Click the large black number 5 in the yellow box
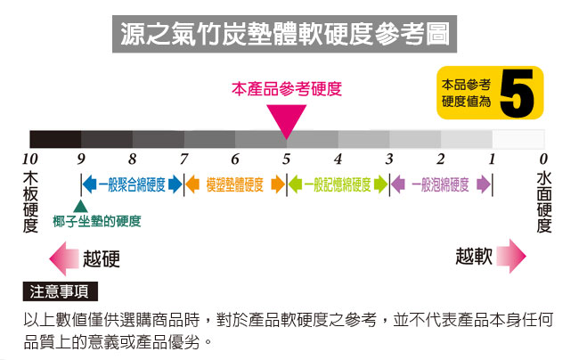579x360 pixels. pyautogui.click(x=517, y=94)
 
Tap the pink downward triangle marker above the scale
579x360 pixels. pyautogui.click(x=287, y=119)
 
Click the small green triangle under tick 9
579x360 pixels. pyautogui.click(x=80, y=206)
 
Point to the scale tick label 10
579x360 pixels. pyautogui.click(x=30, y=160)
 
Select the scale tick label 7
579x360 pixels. pyautogui.click(x=183, y=160)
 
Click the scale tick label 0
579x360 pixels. pyautogui.click(x=543, y=160)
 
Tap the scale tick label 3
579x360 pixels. pyautogui.click(x=389, y=160)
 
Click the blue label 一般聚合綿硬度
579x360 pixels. pyautogui.click(x=132, y=184)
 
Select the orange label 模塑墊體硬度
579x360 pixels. pyautogui.click(x=235, y=184)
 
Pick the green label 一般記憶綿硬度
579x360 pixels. pyautogui.click(x=338, y=184)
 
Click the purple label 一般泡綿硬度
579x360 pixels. pyautogui.click(x=441, y=184)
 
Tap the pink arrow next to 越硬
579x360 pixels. pyautogui.click(x=64, y=258)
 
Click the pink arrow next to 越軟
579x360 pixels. pyautogui.click(x=511, y=256)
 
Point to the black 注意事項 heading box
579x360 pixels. pyautogui.click(x=61, y=291)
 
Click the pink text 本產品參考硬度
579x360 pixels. pyautogui.click(x=287, y=89)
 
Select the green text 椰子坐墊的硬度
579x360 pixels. pyautogui.click(x=97, y=222)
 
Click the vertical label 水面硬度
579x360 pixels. pyautogui.click(x=544, y=201)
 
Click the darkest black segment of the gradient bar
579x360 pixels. pyautogui.click(x=55, y=139)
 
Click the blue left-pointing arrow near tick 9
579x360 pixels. pyautogui.click(x=90, y=184)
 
